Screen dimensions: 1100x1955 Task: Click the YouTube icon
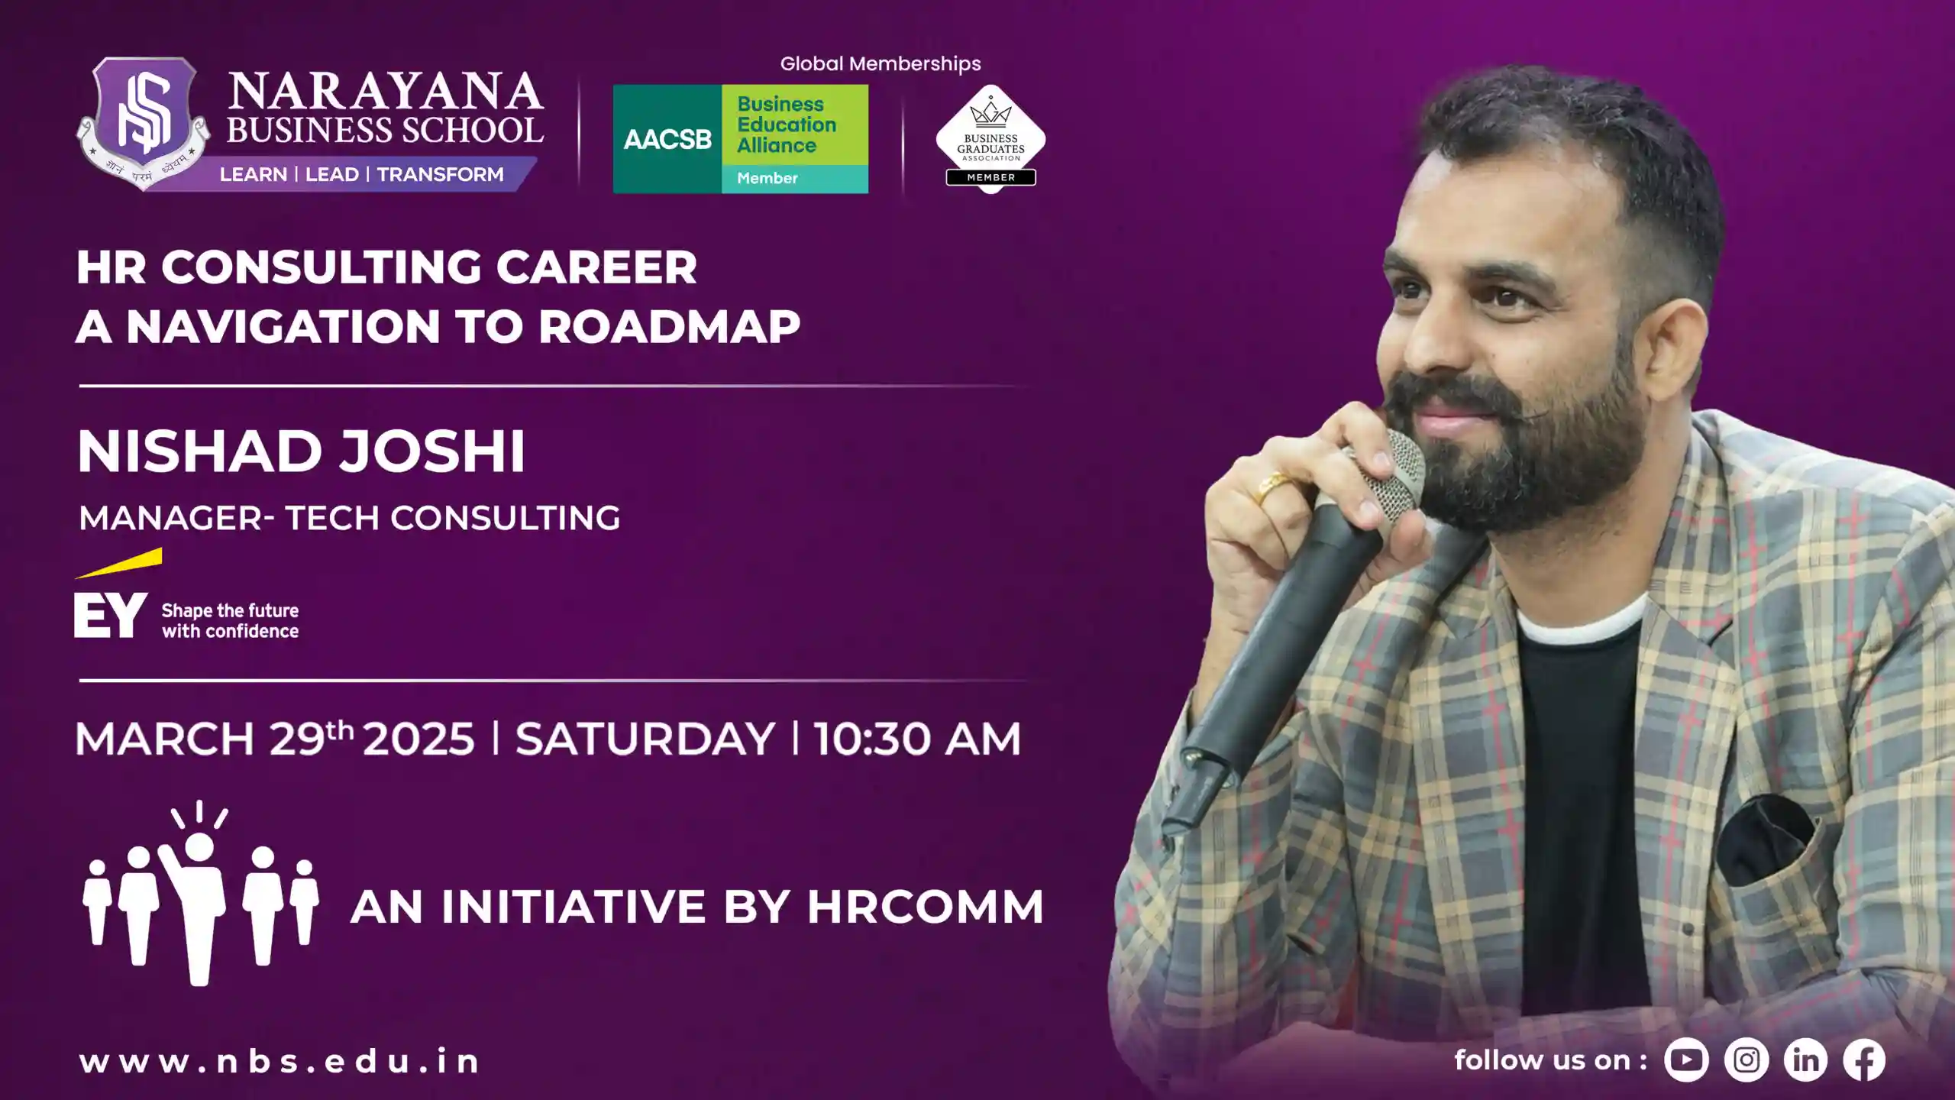1686,1060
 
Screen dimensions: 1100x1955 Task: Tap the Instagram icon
1747,1060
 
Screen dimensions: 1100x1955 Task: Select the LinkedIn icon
1805,1060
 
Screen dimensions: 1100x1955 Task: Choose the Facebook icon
1864,1060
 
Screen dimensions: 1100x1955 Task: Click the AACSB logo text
667,139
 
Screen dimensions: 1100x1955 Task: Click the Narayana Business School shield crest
143,115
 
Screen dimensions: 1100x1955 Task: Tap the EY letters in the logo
110,616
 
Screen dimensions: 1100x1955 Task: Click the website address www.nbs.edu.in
280,1061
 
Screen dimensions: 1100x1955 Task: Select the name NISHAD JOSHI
301,451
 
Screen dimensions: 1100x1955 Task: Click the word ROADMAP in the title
669,327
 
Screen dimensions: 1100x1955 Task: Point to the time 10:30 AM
917,739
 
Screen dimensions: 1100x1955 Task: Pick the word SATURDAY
645,739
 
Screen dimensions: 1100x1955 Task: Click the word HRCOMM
925,907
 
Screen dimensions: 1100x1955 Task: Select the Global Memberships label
881,64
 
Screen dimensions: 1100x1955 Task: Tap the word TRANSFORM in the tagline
440,174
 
